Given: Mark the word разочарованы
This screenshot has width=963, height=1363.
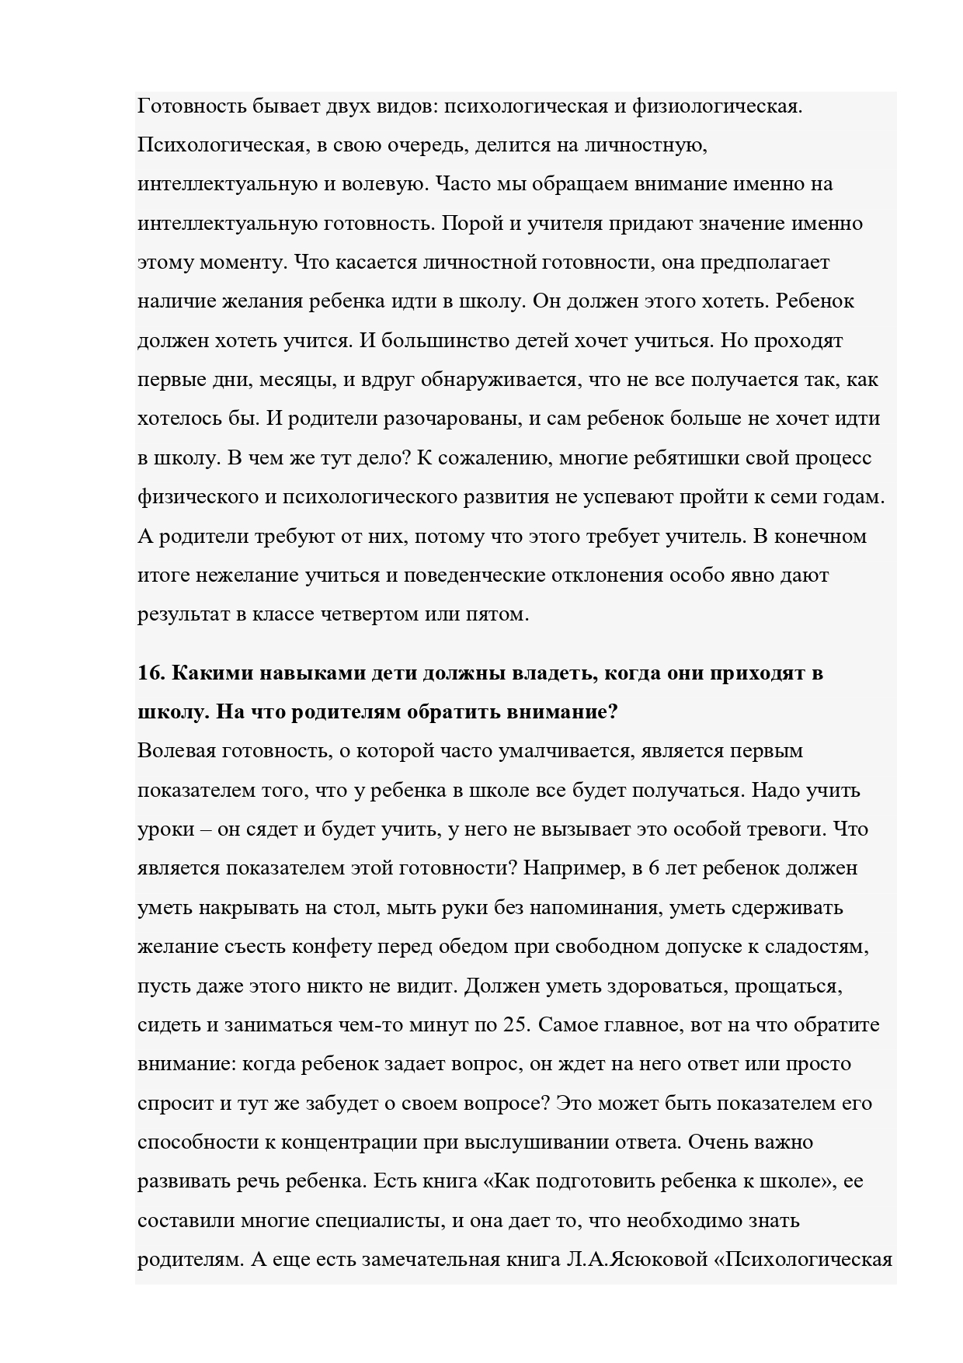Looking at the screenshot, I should tap(451, 419).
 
